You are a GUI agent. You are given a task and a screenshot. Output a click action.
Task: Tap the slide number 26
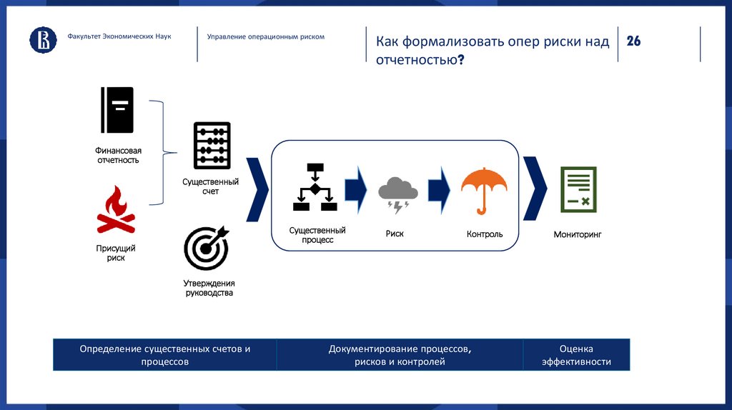[x=633, y=41]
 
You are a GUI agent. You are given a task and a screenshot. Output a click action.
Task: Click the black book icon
[x=118, y=110]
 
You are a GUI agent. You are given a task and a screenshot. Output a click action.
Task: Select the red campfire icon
[x=116, y=211]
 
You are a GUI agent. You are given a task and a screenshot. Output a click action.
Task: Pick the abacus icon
[x=212, y=145]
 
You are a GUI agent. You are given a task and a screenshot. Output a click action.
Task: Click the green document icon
[x=578, y=190]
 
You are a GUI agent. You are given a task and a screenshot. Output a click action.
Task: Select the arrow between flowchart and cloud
[x=355, y=189]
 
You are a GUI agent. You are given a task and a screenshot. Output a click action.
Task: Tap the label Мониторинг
[x=578, y=234]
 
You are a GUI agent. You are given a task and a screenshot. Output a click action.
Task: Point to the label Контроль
[x=484, y=234]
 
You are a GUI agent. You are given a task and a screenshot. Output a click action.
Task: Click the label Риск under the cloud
[x=395, y=234]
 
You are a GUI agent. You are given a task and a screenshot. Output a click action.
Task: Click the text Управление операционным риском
[x=265, y=36]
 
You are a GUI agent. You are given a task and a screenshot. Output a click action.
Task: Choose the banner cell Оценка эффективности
[x=576, y=355]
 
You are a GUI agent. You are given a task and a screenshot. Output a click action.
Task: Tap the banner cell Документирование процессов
[x=400, y=355]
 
